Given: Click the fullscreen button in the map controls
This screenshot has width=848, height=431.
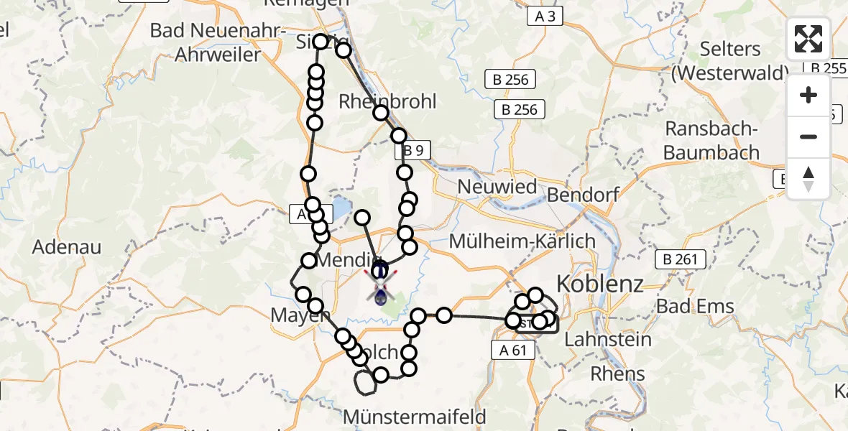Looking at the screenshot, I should pyautogui.click(x=808, y=39).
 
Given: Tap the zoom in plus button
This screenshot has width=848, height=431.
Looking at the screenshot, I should pyautogui.click(x=808, y=95).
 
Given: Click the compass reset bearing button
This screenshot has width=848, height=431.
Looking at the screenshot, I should pyautogui.click(x=808, y=179).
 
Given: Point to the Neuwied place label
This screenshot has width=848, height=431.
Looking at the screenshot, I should pyautogui.click(x=498, y=187).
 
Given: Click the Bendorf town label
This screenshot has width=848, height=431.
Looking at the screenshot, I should pyautogui.click(x=583, y=195).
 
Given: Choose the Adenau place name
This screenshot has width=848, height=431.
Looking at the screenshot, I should pyautogui.click(x=67, y=247).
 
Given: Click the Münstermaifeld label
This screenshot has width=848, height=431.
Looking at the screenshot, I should pyautogui.click(x=415, y=416).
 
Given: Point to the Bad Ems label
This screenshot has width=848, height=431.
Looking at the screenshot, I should pyautogui.click(x=696, y=307).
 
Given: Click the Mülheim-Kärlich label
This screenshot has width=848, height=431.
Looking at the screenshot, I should pyautogui.click(x=522, y=241).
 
